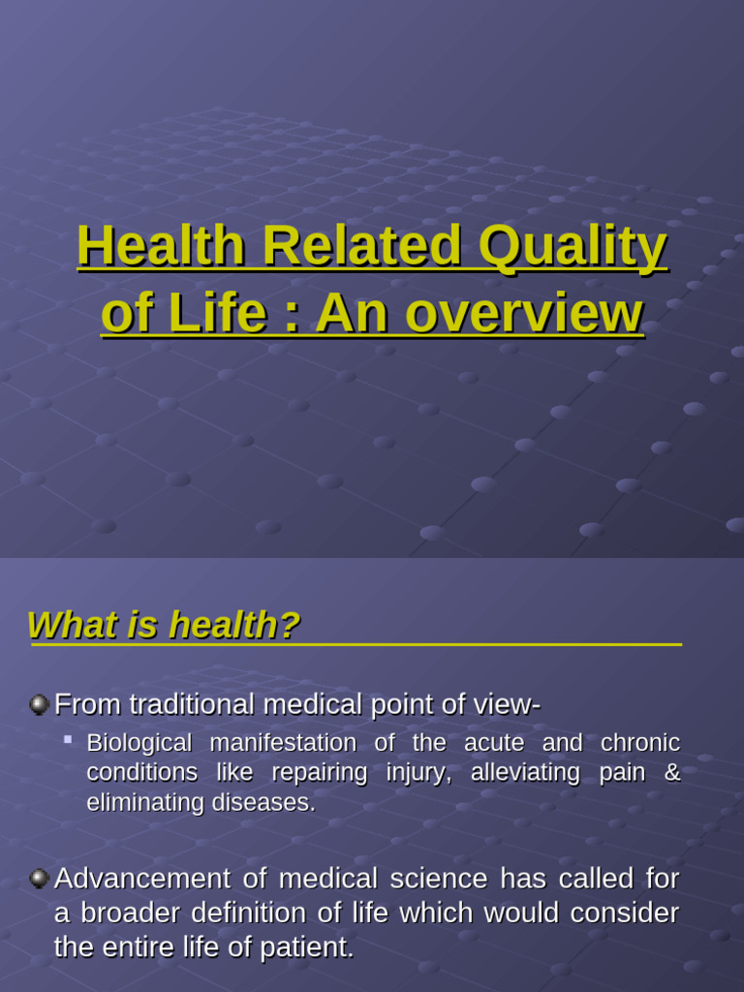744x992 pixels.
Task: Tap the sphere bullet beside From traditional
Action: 39,704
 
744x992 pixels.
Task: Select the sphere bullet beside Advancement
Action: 39,879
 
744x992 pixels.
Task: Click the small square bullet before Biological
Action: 68,740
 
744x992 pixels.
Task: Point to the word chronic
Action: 640,743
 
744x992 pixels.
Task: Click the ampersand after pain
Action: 672,773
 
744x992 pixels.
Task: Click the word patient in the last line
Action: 311,947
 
